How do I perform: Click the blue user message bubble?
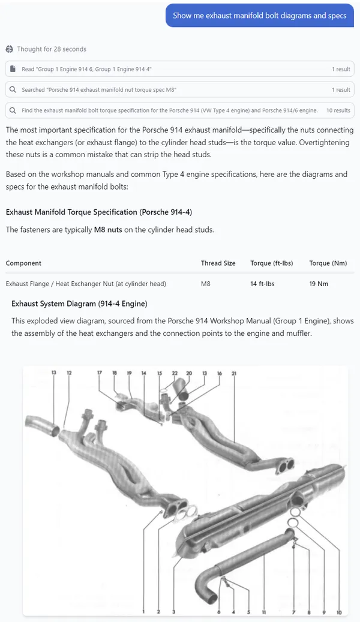pyautogui.click(x=259, y=16)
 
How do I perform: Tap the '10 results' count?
pyautogui.click(x=338, y=110)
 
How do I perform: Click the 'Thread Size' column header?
pyautogui.click(x=218, y=263)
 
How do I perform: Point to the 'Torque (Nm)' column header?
pyautogui.click(x=328, y=263)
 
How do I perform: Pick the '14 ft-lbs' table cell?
pyautogui.click(x=262, y=284)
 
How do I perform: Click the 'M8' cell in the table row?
pyautogui.click(x=206, y=284)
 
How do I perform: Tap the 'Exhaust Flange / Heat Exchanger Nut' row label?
pyautogui.click(x=86, y=284)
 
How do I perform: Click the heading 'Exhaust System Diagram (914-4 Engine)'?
pyautogui.click(x=79, y=304)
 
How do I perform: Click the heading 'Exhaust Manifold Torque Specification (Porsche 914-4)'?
pyautogui.click(x=98, y=212)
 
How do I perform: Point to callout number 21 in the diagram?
pyautogui.click(x=234, y=373)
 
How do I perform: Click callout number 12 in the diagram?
pyautogui.click(x=69, y=373)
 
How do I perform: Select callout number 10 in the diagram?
pyautogui.click(x=339, y=612)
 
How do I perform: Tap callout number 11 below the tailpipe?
pyautogui.click(x=264, y=612)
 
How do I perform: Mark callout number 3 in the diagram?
pyautogui.click(x=173, y=612)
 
